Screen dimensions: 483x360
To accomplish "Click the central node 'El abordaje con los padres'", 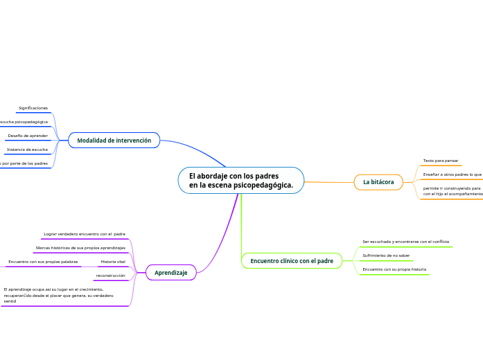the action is click(240, 181).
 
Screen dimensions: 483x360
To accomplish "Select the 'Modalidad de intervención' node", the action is click(114, 141).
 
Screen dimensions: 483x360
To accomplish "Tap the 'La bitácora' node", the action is click(378, 182).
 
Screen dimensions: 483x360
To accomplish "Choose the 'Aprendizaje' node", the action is click(170, 273).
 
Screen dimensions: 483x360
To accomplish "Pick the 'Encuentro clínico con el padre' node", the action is click(291, 261).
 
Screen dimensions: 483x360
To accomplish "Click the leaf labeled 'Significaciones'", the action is click(33, 108).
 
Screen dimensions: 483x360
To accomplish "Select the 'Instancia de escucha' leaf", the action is click(27, 150).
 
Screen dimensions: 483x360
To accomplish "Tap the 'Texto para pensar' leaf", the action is click(441, 161).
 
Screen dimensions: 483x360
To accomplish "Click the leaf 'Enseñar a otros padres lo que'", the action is click(453, 174).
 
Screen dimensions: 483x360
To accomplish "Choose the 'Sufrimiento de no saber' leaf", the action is click(386, 255).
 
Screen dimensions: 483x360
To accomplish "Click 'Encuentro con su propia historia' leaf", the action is click(394, 269).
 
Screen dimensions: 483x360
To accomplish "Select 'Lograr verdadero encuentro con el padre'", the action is click(85, 234).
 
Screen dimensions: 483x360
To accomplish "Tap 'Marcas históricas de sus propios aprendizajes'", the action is click(80, 247).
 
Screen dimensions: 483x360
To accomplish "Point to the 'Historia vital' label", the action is click(113, 262).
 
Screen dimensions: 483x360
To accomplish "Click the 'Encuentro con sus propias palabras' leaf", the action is click(43, 262).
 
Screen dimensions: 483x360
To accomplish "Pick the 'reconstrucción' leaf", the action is click(111, 276).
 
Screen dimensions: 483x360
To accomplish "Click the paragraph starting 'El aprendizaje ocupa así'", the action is click(59, 296).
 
